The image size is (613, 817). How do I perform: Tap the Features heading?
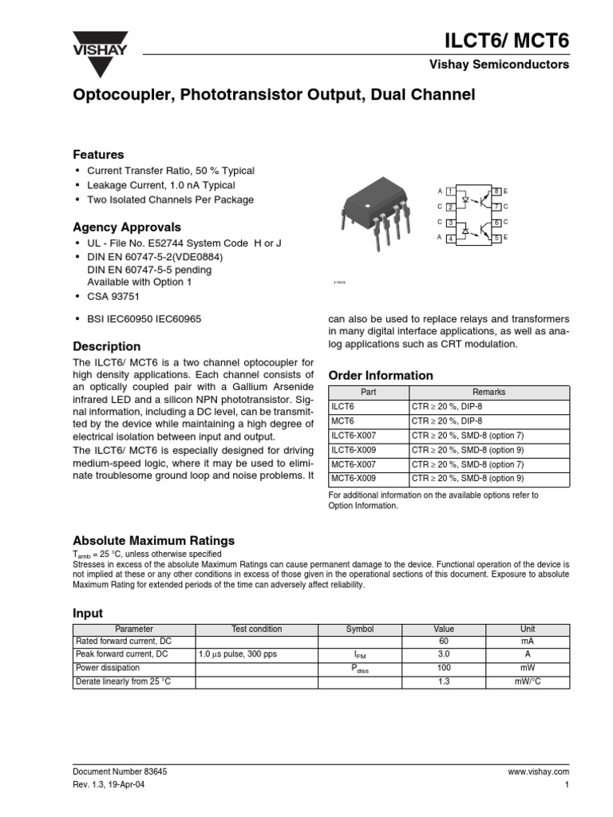point(98,154)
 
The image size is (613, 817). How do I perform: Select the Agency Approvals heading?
point(127,227)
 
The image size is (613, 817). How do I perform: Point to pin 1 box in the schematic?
point(450,192)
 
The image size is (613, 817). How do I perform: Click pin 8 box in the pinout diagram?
point(496,192)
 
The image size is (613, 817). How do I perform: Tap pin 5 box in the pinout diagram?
point(496,239)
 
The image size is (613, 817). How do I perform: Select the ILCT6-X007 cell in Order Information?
point(351,435)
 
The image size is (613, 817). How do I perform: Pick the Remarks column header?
point(488,392)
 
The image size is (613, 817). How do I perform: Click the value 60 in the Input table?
point(444,641)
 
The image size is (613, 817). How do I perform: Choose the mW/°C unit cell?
point(528,681)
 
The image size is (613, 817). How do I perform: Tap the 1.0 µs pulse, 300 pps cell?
point(237,654)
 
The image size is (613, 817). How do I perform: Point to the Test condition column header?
point(256,629)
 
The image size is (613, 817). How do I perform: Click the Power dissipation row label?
point(107,668)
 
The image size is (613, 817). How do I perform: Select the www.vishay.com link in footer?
point(537,772)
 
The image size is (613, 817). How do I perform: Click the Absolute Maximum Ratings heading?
point(154,540)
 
